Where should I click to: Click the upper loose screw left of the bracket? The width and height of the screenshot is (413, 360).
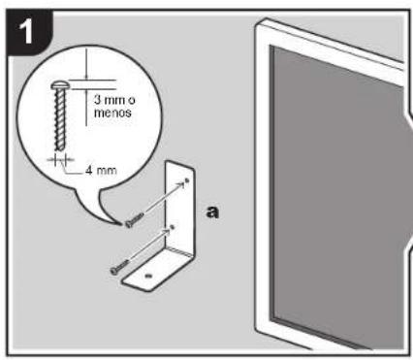(x=135, y=220)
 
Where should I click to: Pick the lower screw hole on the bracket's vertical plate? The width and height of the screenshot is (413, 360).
(x=173, y=227)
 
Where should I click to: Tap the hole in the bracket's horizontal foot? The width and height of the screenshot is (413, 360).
(x=147, y=277)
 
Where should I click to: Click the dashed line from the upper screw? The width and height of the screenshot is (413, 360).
(x=162, y=201)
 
